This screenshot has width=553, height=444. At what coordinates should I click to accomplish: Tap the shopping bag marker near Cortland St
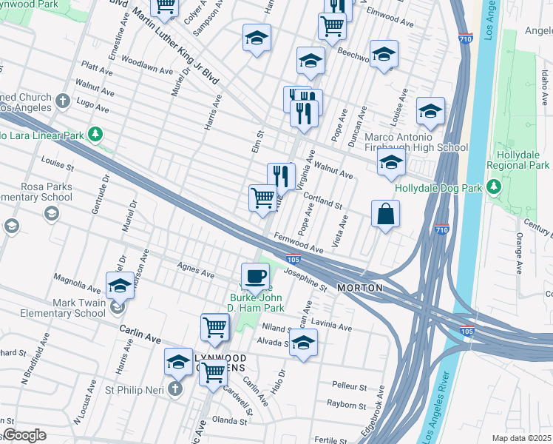click(x=386, y=215)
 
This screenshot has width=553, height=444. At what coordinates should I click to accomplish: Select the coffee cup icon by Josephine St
click(x=256, y=276)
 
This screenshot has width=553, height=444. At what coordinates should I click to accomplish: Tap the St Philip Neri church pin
click(x=175, y=388)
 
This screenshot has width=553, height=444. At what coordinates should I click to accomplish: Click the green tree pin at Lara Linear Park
click(x=95, y=134)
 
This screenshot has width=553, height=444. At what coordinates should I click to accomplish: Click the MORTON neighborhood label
click(x=360, y=287)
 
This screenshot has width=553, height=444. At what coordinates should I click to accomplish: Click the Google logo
click(x=24, y=435)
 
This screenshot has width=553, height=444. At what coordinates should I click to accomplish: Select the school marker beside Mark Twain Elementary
click(x=121, y=286)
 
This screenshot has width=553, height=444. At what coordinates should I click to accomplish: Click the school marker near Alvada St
click(x=302, y=343)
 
